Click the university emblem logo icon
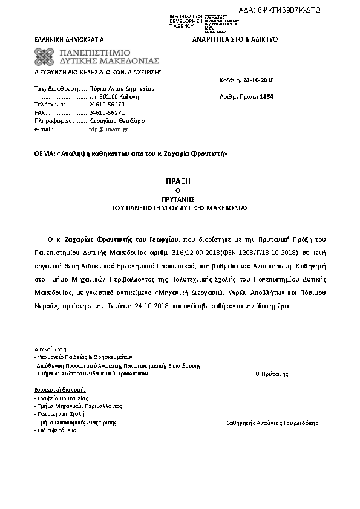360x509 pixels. pos(45,57)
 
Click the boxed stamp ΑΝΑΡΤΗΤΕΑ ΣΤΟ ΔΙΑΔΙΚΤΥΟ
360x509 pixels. pos(235,39)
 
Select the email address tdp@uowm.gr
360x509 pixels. pos(108,129)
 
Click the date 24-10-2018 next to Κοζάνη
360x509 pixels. pos(258,79)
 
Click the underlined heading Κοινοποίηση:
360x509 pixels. pos(51,349)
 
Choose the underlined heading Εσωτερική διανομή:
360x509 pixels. pos(60,390)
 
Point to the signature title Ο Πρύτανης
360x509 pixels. pos(271,374)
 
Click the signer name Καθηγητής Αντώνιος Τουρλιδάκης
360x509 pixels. pos(271,423)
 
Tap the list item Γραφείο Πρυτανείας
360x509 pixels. pos(62,399)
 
